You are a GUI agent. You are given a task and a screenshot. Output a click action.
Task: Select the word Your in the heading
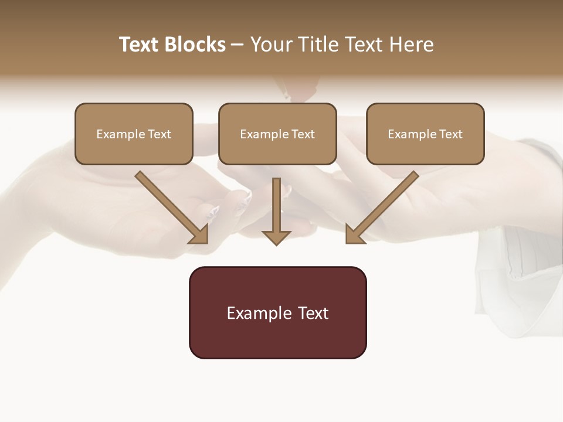(270, 45)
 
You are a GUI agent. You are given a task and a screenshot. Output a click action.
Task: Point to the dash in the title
(238, 45)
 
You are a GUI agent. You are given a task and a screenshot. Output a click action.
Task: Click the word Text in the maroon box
(313, 313)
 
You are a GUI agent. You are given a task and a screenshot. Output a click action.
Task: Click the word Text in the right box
(450, 134)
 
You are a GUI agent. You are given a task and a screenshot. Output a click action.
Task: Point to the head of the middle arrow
(276, 237)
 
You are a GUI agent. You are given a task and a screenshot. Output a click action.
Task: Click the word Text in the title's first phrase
(140, 45)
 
